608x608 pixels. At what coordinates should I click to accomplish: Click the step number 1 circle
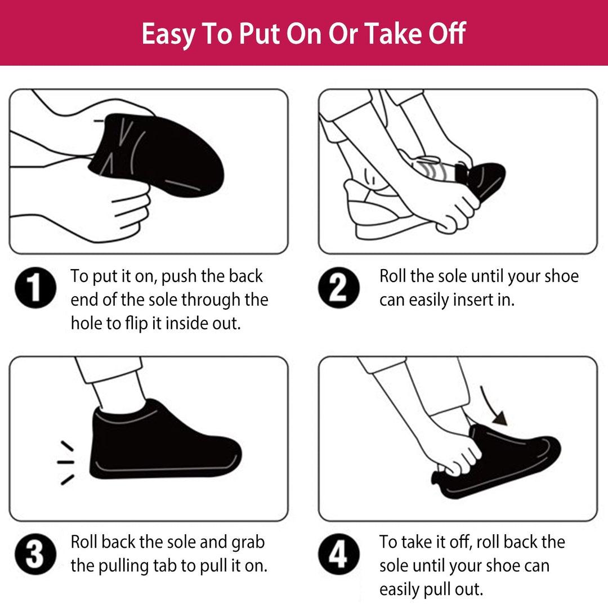pyautogui.click(x=35, y=288)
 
